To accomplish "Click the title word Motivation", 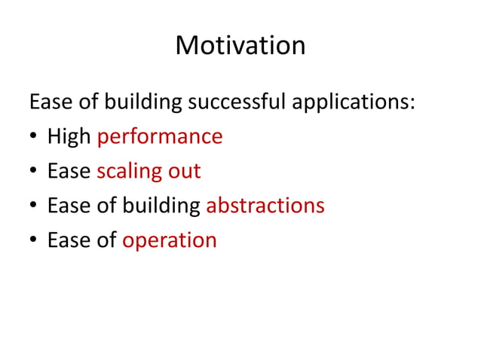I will [240, 46].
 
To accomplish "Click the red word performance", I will [160, 136].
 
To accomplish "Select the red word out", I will [184, 171].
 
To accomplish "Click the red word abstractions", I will [265, 206].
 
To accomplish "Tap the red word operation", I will [170, 240].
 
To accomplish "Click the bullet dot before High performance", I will [34, 138].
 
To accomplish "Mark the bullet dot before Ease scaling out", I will [34, 172].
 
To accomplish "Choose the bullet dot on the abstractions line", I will [34, 207].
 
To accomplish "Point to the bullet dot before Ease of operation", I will [34, 242].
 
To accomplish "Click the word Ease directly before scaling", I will [69, 171].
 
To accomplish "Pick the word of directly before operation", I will [107, 240].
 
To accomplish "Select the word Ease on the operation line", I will [69, 240].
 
